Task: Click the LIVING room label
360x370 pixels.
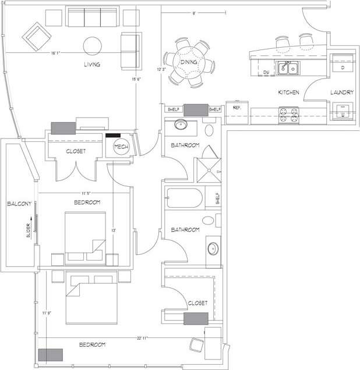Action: coord(91,65)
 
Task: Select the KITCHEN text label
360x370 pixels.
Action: coord(288,92)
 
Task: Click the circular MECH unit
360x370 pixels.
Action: coord(121,147)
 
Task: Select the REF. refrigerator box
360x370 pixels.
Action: coord(237,111)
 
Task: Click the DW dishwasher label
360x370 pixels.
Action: coord(266,72)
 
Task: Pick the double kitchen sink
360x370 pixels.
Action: coord(288,69)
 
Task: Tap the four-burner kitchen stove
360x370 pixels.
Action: coord(288,115)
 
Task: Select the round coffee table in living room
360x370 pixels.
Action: coord(92,45)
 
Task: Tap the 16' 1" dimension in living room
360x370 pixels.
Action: coord(56,54)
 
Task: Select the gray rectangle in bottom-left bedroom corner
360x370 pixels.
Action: coord(51,355)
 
